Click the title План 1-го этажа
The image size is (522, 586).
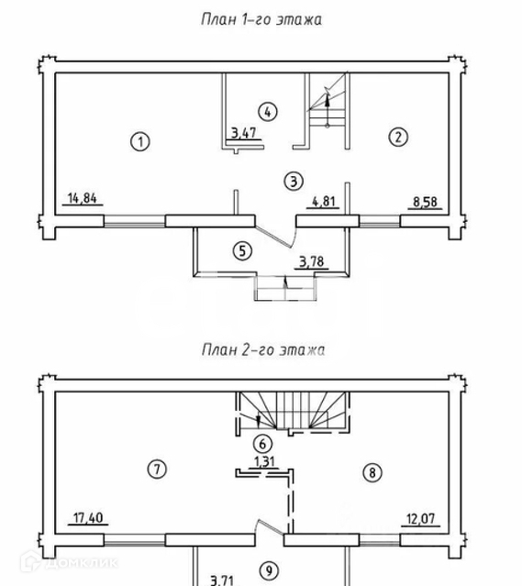click(261, 19)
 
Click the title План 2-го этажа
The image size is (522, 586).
click(263, 350)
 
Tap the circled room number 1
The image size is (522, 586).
click(140, 142)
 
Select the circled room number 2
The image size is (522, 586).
click(398, 137)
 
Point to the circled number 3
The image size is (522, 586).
click(294, 182)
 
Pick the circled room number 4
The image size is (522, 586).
click(268, 111)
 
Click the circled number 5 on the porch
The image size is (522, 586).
click(243, 250)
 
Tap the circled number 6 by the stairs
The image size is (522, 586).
click(262, 444)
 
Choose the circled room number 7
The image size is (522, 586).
click(157, 469)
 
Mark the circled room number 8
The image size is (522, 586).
click(372, 473)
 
